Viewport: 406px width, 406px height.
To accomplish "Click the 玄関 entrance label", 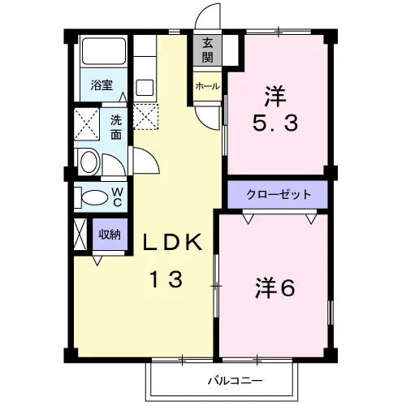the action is (207, 50).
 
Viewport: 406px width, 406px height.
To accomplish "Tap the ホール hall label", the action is (207, 87).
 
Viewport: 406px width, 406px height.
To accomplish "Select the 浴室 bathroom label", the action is (101, 85).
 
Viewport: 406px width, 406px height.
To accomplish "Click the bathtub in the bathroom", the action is (104, 51).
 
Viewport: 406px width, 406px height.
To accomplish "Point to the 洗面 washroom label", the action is (116, 127).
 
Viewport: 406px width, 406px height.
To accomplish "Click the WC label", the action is (117, 197).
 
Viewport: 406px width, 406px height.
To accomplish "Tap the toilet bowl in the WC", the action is (94, 198).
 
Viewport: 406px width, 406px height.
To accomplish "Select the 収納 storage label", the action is (110, 235).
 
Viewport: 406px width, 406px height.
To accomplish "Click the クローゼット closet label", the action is (279, 194).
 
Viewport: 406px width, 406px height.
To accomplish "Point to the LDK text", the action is (172, 242).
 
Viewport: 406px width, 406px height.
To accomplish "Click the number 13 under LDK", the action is (166, 279).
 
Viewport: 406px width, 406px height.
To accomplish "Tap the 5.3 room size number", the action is (275, 123).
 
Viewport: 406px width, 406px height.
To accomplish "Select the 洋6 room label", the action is (274, 288).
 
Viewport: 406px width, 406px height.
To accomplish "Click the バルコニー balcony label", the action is (235, 381).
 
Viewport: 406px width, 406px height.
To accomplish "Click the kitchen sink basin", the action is (145, 88).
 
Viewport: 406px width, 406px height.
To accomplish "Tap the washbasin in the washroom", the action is (89, 162).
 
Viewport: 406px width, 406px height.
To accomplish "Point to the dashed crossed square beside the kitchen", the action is (145, 117).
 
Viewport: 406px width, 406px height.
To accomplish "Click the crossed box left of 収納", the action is (80, 235).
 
